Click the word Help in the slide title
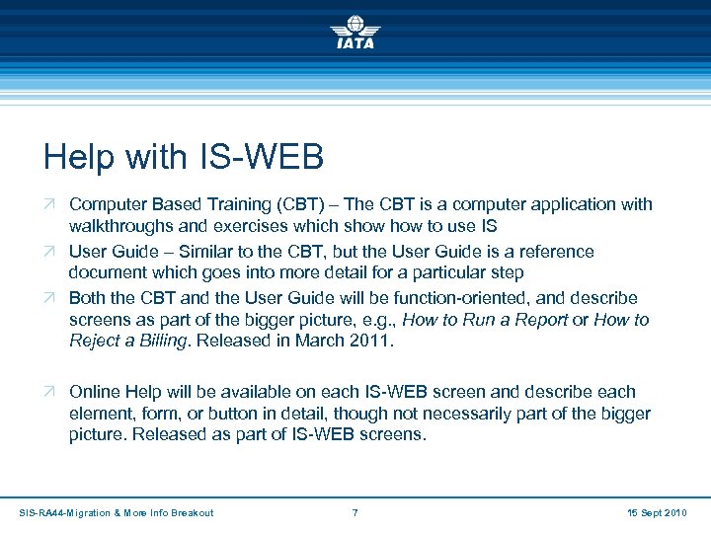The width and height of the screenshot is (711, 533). (76, 157)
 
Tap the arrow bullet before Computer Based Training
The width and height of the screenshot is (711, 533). (50, 204)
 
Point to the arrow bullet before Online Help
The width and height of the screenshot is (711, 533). (50, 392)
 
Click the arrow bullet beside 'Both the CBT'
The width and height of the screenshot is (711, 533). (50, 298)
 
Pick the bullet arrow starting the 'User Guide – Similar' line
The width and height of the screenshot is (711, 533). (50, 252)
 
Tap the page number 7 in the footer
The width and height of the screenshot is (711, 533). (355, 512)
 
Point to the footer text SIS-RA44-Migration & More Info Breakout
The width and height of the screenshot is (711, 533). (117, 512)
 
